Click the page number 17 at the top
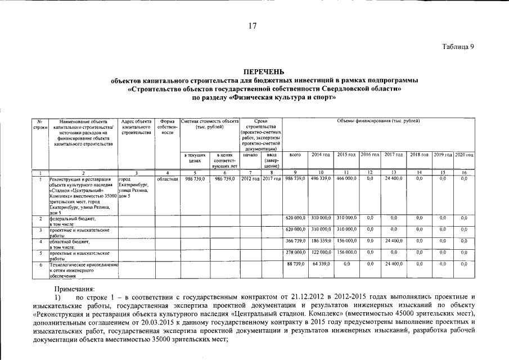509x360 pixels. (254, 25)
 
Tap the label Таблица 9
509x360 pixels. (458, 47)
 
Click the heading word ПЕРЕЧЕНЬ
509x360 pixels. (264, 71)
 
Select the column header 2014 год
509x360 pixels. (321, 154)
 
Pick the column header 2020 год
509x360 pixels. (464, 154)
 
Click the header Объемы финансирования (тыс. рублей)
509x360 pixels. (378, 121)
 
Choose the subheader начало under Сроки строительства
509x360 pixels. (250, 154)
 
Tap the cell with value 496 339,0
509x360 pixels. (321, 178)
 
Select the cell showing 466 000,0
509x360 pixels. (346, 178)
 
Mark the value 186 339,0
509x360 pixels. (321, 241)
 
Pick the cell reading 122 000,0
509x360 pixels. (321, 253)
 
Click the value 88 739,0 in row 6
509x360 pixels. (296, 264)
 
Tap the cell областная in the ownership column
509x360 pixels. (167, 178)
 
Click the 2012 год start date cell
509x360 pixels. (250, 178)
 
